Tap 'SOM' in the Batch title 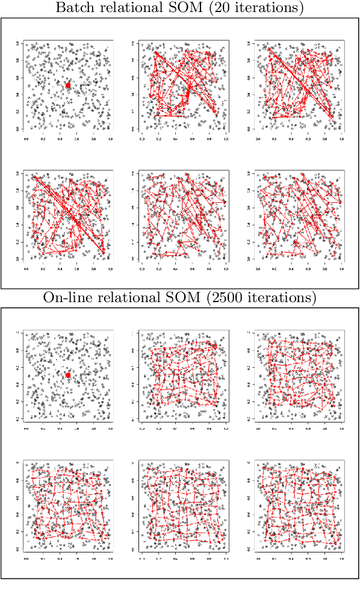tap(170, 8)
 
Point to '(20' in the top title tap(200, 8)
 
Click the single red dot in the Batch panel tap(68, 85)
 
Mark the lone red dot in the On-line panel tap(68, 375)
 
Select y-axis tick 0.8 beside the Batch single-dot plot tap(18, 60)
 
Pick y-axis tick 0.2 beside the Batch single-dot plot tap(18, 112)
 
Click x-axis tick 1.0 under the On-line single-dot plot tap(110, 428)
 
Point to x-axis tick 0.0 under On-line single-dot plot tap(26, 428)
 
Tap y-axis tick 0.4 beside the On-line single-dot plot tap(18, 384)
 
